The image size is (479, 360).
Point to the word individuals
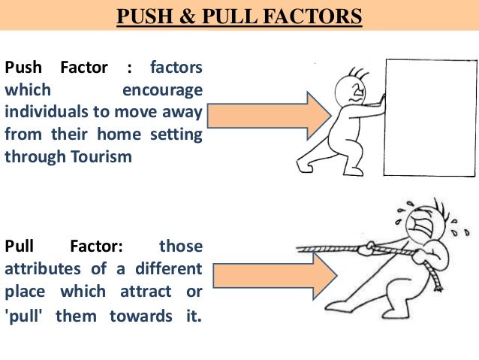pyautogui.click(x=47, y=113)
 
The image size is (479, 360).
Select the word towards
pyautogui.click(x=138, y=316)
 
